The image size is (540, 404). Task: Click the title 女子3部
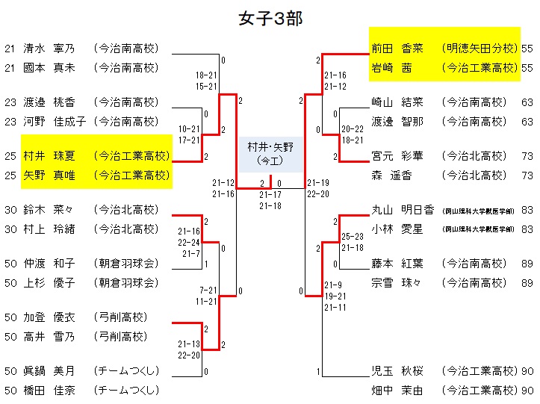[x=270, y=18]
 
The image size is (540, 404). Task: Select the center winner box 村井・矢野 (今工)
[x=270, y=154]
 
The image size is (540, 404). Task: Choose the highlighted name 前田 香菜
[x=397, y=49]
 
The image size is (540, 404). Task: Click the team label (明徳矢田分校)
[x=479, y=49]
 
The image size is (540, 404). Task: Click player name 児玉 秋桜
[x=397, y=371]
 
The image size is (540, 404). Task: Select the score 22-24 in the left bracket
[x=188, y=243]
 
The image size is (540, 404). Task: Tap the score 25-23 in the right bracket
[x=353, y=236]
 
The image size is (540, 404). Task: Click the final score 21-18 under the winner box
[x=270, y=205]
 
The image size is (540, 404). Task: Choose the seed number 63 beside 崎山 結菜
[x=527, y=102]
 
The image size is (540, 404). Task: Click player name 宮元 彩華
[x=397, y=156]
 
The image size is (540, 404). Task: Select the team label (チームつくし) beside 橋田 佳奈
[x=126, y=391]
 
